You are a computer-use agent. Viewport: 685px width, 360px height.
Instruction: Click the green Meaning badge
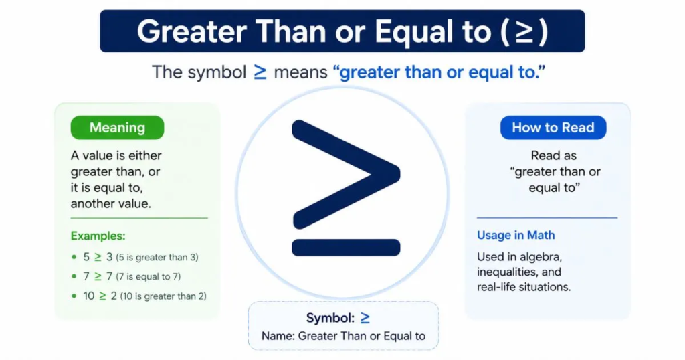coord(117,128)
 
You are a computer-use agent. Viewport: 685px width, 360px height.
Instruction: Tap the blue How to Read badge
coord(553,128)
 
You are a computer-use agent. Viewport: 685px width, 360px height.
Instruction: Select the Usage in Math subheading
coord(516,235)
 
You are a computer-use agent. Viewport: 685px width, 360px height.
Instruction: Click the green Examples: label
coord(98,236)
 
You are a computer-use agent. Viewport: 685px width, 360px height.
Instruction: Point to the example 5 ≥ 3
coord(98,257)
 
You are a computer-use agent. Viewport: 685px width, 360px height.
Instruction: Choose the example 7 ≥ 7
coord(98,276)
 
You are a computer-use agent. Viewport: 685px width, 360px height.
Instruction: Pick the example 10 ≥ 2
coord(100,296)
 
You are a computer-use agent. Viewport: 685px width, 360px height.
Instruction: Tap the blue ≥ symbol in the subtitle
coord(260,72)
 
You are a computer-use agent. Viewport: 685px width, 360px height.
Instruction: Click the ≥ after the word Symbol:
coord(365,318)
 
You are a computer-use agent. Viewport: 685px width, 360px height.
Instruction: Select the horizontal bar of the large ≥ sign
coord(346,248)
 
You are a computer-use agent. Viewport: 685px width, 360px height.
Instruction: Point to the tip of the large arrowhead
coord(399,174)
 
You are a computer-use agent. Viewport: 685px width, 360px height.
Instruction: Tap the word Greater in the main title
coord(192,32)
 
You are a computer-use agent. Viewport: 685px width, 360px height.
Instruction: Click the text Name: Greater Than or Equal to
coord(343,336)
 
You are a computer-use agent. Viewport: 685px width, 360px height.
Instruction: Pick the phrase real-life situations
coord(524,287)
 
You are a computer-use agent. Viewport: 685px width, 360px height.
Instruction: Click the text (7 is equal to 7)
coord(148,276)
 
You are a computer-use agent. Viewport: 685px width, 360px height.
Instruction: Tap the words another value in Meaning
coord(110,203)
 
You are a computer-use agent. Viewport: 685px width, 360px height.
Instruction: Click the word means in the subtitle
coord(300,72)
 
